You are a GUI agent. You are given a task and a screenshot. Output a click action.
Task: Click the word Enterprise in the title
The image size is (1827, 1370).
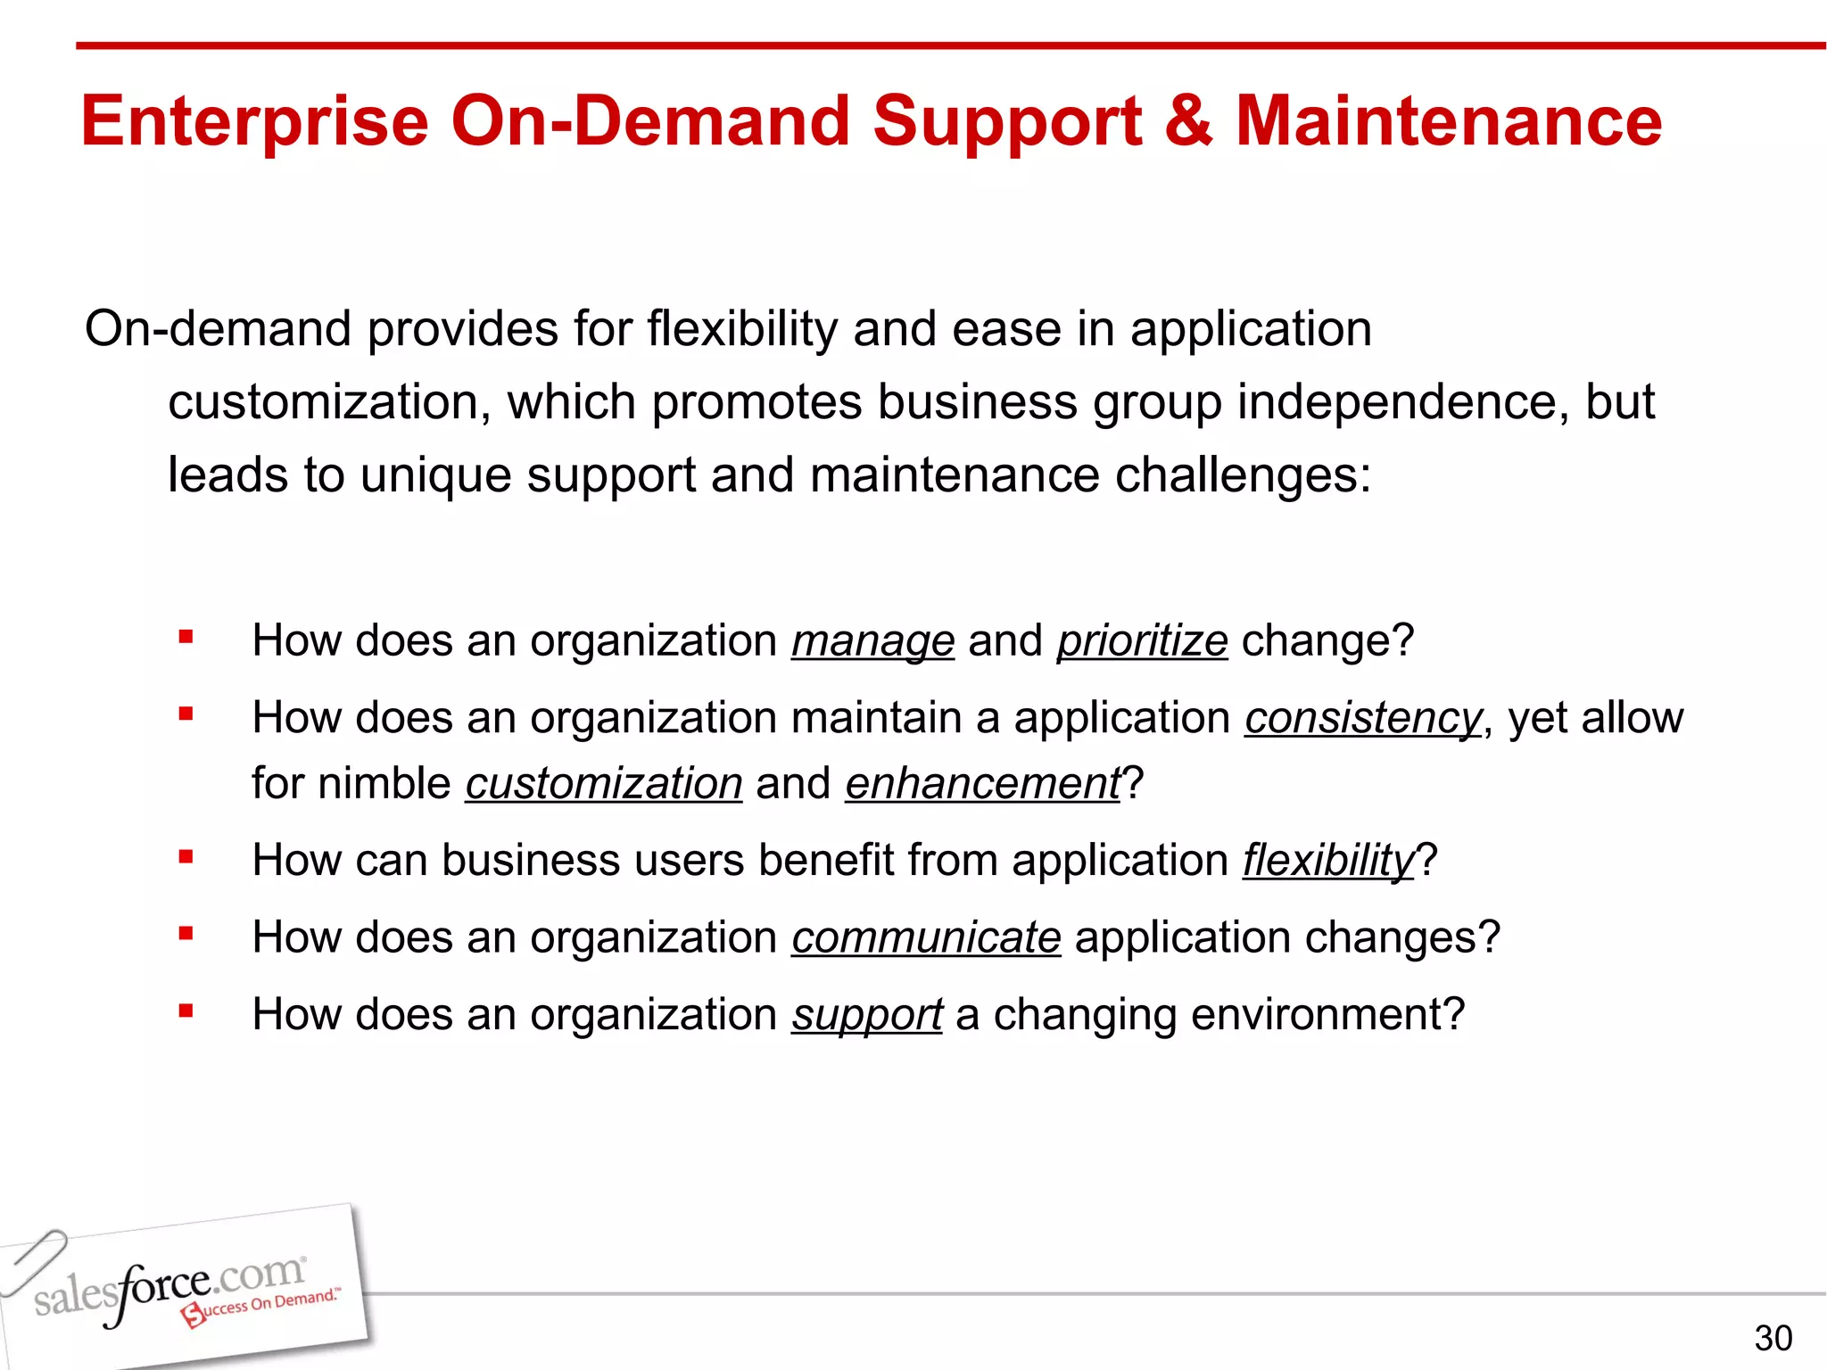[x=255, y=122]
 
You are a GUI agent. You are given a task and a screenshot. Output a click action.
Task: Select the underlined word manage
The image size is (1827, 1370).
[x=872, y=641]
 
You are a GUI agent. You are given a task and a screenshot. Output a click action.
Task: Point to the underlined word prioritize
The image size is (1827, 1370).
[x=1142, y=641]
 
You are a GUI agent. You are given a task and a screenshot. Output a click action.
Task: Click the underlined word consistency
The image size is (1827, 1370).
[x=1362, y=718]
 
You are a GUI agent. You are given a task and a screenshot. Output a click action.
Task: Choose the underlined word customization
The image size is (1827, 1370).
[x=603, y=784]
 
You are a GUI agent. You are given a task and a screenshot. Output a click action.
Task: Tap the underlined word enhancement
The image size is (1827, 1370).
[x=982, y=784]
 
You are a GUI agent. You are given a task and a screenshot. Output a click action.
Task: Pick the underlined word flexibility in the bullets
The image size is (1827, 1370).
[x=1328, y=861]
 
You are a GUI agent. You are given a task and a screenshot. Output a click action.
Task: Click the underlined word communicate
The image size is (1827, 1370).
[x=926, y=938]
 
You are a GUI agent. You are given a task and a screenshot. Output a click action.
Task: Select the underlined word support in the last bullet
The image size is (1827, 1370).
[x=866, y=1015]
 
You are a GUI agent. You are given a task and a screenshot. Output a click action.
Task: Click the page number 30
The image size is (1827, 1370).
[x=1773, y=1338]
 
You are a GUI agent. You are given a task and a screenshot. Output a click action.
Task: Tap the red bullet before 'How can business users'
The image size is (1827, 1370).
[x=186, y=858]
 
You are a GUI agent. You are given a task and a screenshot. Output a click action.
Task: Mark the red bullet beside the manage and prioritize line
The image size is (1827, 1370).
[x=186, y=637]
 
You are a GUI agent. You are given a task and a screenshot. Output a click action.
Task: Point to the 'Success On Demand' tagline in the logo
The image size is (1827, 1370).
[x=263, y=1305]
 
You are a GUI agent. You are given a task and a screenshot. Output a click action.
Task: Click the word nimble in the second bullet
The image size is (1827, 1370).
[x=384, y=784]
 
